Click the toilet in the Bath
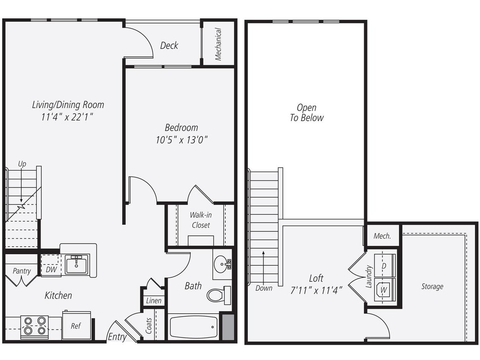click(x=218, y=295)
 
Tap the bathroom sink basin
click(x=221, y=264)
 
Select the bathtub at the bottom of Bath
click(x=193, y=327)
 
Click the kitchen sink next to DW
click(x=76, y=264)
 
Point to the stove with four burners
click(x=34, y=326)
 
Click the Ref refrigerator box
click(x=76, y=326)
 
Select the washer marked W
click(x=384, y=290)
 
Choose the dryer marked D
click(x=384, y=266)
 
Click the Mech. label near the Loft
click(x=382, y=236)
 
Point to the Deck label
click(x=169, y=45)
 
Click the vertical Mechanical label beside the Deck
click(x=218, y=44)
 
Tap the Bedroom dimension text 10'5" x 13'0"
click(x=181, y=139)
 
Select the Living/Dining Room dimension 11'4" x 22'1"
click(x=67, y=117)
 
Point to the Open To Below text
click(x=307, y=113)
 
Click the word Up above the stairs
click(x=22, y=163)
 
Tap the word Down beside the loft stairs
click(x=264, y=288)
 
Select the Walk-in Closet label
click(x=201, y=220)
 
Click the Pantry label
click(x=21, y=271)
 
